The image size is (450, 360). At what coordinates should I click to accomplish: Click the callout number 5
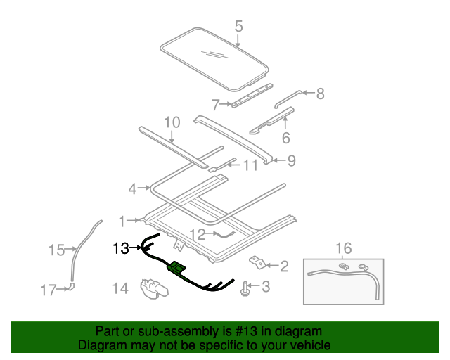pyautogui.click(x=238, y=26)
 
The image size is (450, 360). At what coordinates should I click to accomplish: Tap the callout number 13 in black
pyautogui.click(x=121, y=247)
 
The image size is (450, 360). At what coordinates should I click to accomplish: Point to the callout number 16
pyautogui.click(x=343, y=247)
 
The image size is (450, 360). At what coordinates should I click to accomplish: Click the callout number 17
pyautogui.click(x=48, y=288)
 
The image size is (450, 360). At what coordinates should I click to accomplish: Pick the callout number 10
pyautogui.click(x=172, y=122)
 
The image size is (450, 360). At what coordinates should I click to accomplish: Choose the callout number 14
pyautogui.click(x=120, y=288)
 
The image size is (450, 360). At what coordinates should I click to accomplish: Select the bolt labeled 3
pyautogui.click(x=245, y=287)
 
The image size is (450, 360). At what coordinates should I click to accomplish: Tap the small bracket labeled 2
pyautogui.click(x=258, y=264)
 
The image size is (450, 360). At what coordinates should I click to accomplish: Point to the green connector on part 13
pyautogui.click(x=176, y=266)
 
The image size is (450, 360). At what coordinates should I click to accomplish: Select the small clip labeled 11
pyautogui.click(x=214, y=169)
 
